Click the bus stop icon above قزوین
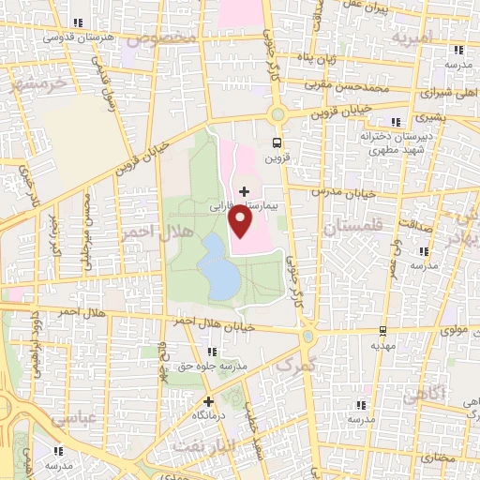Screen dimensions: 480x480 [x=276, y=143]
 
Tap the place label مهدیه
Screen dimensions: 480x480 [x=382, y=345]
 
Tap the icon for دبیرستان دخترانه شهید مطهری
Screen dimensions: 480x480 [x=395, y=122]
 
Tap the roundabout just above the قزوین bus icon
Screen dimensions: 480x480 [x=277, y=114]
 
